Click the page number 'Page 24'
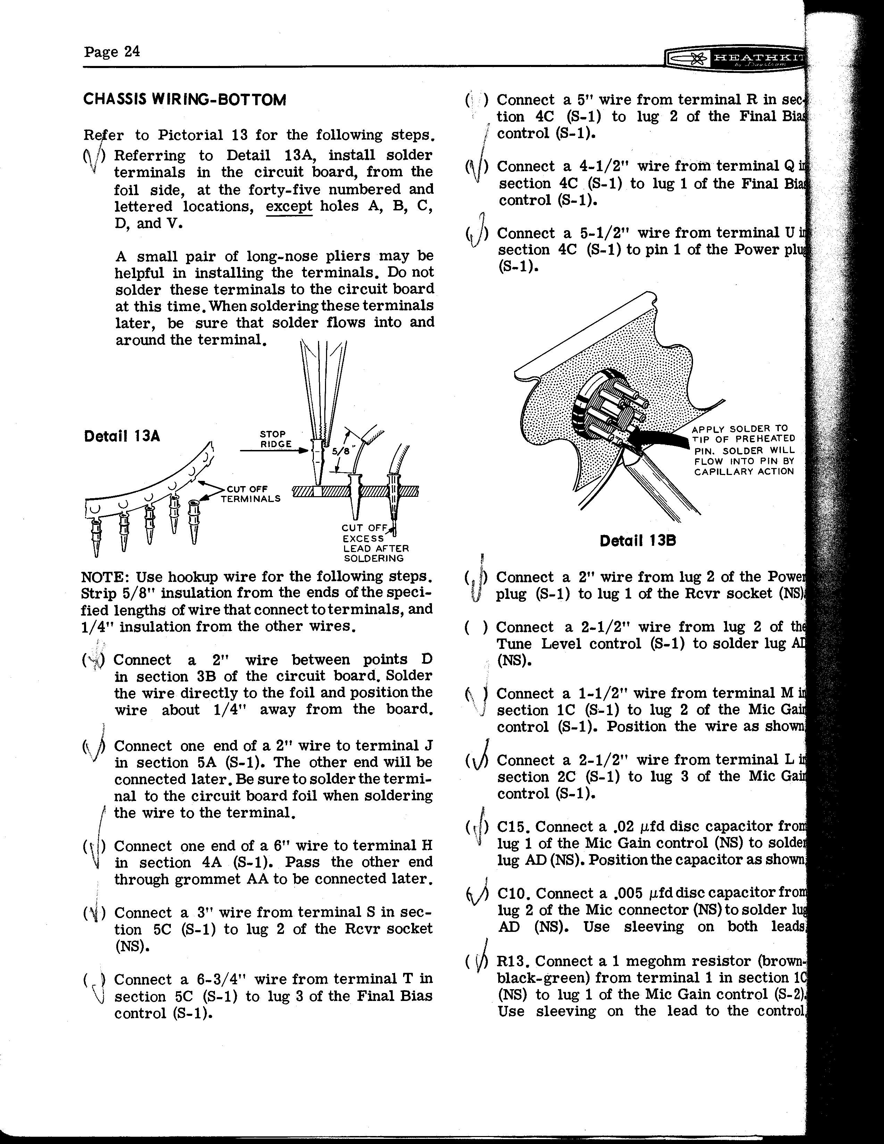tap(111, 51)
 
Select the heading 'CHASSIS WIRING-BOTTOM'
tap(184, 100)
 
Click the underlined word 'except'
tap(289, 206)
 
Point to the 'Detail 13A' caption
tap(122, 436)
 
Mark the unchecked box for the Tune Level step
tap(475, 627)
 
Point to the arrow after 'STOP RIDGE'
tap(272, 450)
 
